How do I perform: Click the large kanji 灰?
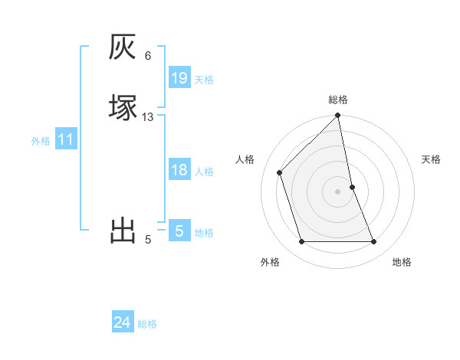pos(123,47)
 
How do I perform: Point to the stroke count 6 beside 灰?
pos(147,56)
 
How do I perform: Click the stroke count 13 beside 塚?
pos(147,117)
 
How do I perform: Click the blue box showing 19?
pos(179,78)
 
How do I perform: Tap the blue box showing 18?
pos(179,170)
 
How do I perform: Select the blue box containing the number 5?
pos(179,231)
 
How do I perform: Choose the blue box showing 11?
pos(66,139)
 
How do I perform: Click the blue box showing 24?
pos(122,322)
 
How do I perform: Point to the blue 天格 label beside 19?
pos(204,80)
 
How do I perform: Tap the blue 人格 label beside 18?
pos(204,172)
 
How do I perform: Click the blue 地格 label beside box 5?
pos(204,233)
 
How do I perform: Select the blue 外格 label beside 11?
pos(41,141)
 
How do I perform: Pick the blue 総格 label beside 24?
pos(147,324)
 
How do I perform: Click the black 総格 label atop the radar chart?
pos(338,100)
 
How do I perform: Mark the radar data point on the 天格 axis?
pos(352,187)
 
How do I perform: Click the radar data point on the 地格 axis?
pos(374,242)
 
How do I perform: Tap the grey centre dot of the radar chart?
pos(338,191)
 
